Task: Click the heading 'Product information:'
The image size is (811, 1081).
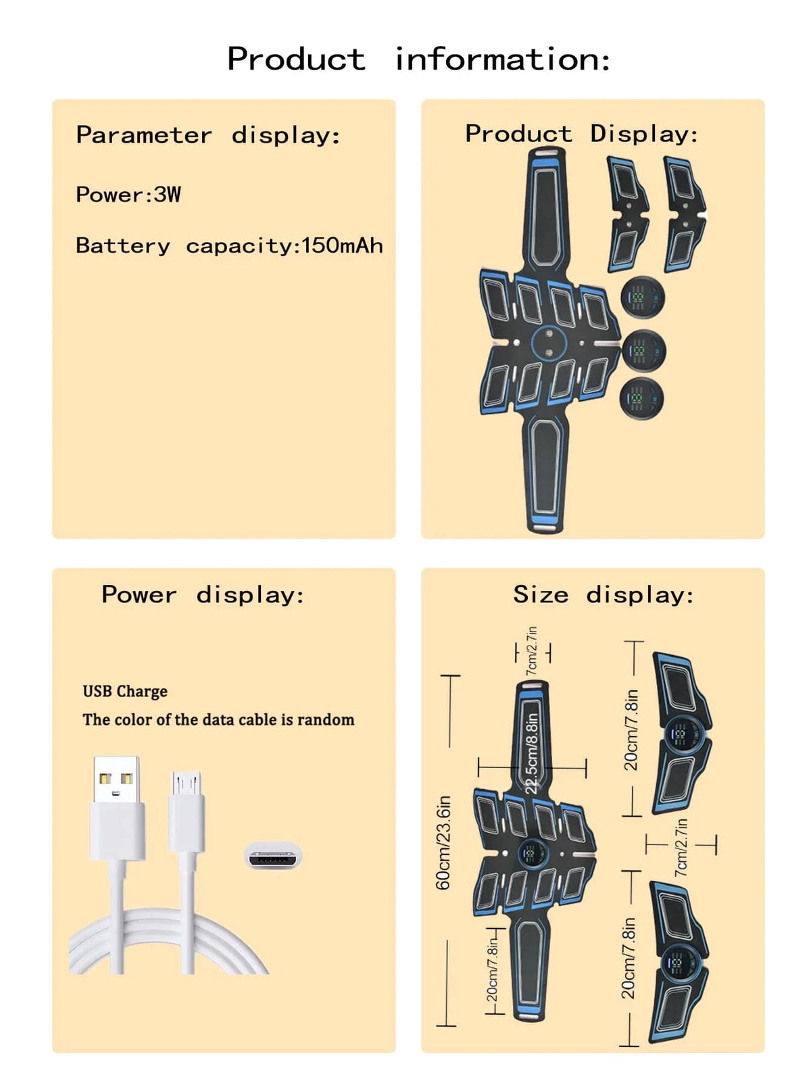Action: click(x=419, y=59)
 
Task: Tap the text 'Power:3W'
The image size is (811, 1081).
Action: click(x=128, y=195)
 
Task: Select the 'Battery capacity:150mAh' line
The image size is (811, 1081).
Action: click(x=229, y=245)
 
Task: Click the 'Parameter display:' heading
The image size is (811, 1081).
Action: click(x=208, y=135)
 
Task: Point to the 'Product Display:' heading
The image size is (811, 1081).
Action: click(x=582, y=133)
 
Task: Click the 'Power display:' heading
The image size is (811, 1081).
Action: click(x=203, y=595)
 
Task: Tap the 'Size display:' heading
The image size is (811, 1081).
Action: click(x=604, y=594)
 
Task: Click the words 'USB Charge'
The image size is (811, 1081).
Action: click(x=125, y=692)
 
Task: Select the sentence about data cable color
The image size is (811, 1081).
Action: click(x=218, y=719)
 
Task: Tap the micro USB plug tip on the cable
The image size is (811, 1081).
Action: click(x=186, y=783)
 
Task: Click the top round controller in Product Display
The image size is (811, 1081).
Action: click(x=643, y=298)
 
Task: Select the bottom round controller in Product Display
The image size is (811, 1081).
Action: click(x=641, y=398)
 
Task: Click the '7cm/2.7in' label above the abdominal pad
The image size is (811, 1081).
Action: click(x=532, y=651)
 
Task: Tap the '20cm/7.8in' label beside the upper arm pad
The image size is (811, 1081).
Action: click(x=631, y=730)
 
